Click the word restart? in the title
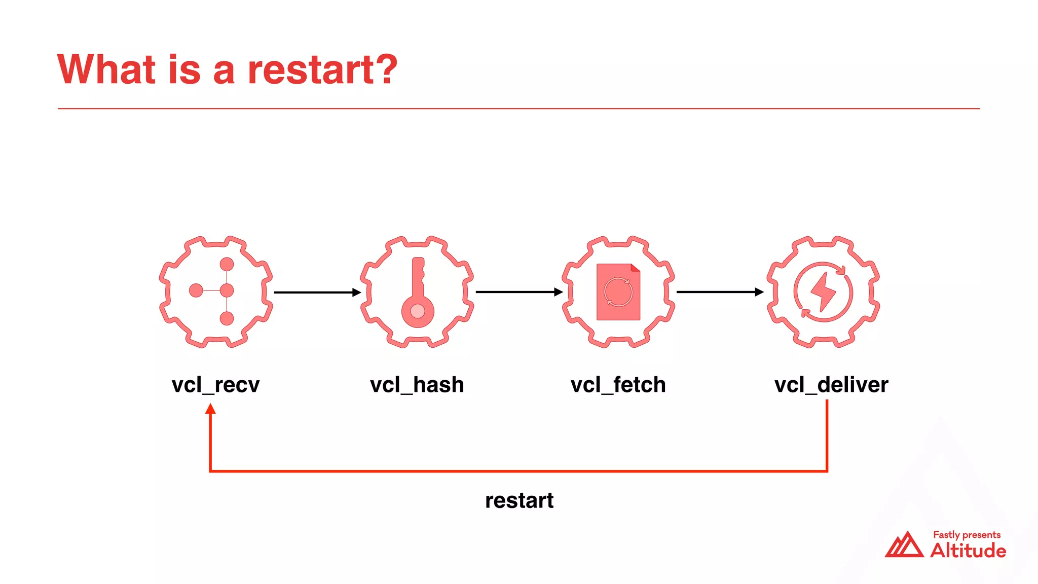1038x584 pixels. pos(322,69)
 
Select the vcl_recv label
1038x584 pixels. pos(215,385)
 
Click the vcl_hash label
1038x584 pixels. pos(417,385)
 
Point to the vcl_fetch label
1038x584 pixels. pos(618,385)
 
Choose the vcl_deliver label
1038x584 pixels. pos(831,385)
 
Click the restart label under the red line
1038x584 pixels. pos(519,500)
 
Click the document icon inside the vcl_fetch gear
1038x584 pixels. pos(618,292)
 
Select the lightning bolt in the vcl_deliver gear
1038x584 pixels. pos(823,291)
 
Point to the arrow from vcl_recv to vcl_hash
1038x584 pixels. pos(317,293)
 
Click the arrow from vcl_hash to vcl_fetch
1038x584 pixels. pos(518,292)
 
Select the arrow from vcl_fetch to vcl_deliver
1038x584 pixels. pos(719,292)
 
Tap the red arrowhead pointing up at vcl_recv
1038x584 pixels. pos(210,409)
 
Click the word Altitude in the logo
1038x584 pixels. pos(968,551)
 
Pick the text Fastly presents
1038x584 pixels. pos(967,535)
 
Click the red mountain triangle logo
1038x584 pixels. pos(904,545)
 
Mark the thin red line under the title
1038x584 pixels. pos(519,108)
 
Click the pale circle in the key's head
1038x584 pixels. pos(418,311)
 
